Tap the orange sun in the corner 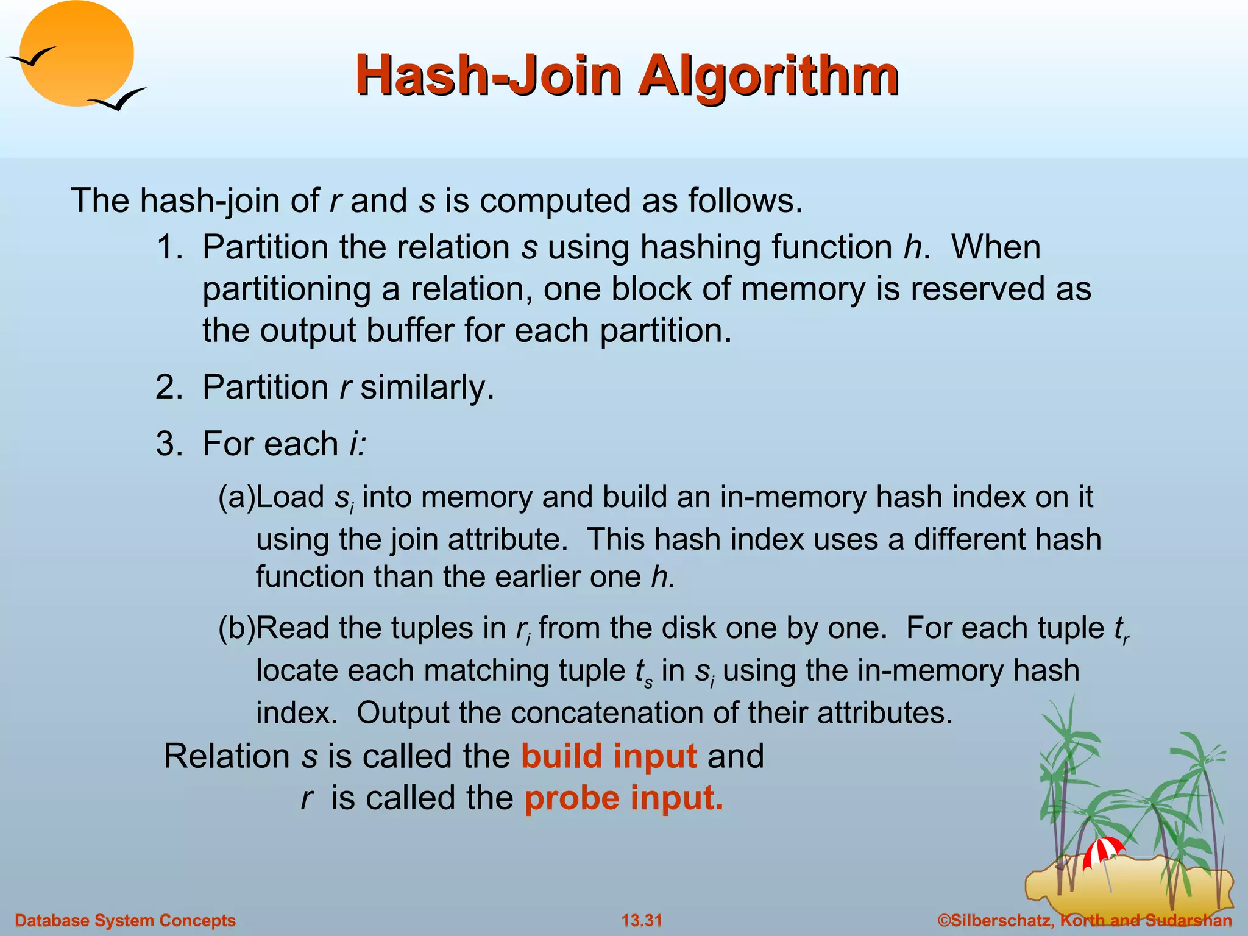[76, 54]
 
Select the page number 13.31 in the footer [641, 920]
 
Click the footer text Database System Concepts [125, 920]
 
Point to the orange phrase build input [609, 756]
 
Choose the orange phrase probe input [624, 798]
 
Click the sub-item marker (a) [236, 497]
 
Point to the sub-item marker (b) [236, 628]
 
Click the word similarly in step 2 [426, 387]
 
